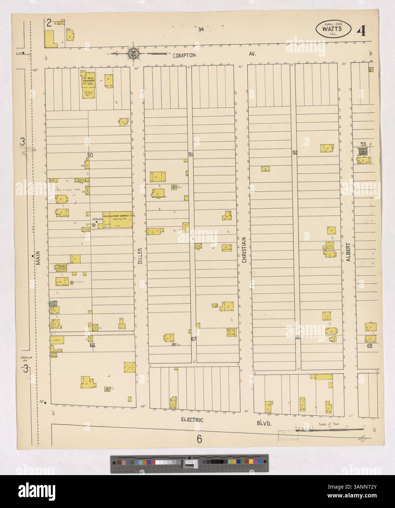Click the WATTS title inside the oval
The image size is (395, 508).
click(x=332, y=29)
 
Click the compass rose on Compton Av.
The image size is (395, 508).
click(x=132, y=53)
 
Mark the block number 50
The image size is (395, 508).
click(x=90, y=155)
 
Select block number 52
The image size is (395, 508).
click(x=295, y=153)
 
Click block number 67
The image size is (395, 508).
click(x=194, y=339)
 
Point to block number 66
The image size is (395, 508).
click(x=92, y=345)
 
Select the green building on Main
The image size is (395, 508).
click(x=53, y=303)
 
